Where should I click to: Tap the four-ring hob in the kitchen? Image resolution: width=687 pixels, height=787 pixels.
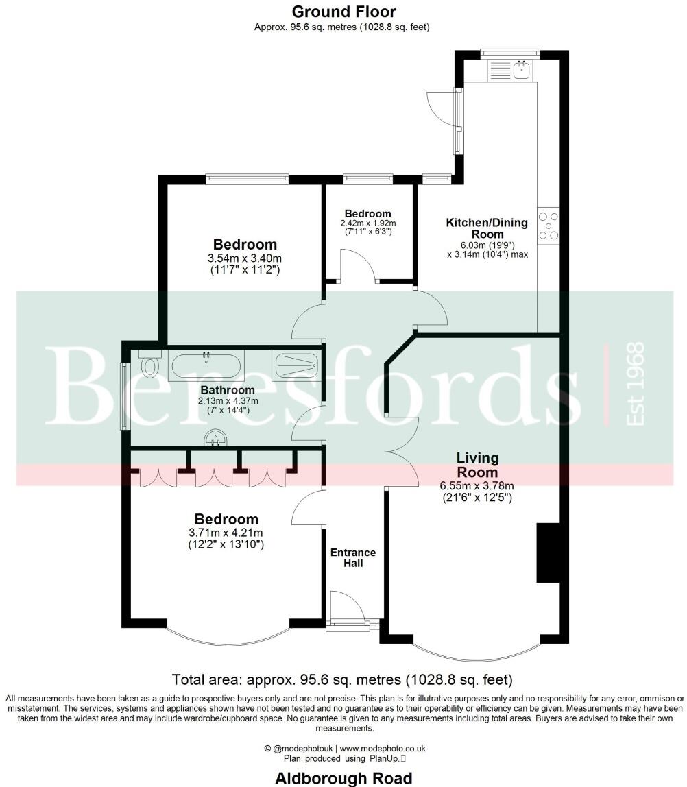coord(549,226)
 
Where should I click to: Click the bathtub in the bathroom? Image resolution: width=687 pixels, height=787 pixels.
coord(206,365)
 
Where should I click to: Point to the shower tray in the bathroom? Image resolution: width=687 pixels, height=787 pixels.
coord(296,365)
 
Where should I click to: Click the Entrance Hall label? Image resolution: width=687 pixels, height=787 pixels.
coord(353,558)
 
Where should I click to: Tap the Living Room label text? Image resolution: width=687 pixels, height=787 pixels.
coord(478,465)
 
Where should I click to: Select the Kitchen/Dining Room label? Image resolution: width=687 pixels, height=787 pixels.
coord(487,228)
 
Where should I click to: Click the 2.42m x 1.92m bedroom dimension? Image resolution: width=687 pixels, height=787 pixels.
coord(368,223)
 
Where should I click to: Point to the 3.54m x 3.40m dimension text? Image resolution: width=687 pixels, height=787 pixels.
coord(245,258)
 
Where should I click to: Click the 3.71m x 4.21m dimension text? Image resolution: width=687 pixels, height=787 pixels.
coord(226,533)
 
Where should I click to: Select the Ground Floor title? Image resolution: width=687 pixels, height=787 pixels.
coord(343,12)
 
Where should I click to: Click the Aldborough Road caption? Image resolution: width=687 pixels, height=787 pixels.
coord(343,778)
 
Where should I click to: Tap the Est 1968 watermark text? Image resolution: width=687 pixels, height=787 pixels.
coord(636,384)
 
